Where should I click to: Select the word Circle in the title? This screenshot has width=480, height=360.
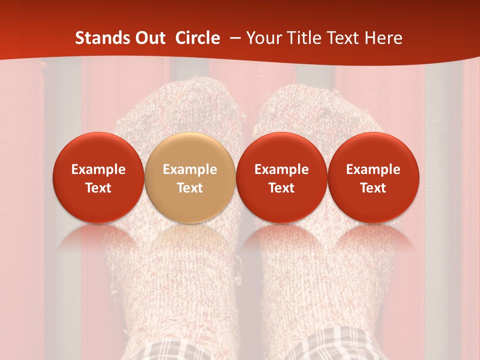click(197, 38)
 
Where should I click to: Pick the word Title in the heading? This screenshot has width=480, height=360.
click(303, 38)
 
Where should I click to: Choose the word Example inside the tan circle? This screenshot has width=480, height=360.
click(190, 169)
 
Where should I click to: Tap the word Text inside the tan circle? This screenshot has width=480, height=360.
click(190, 188)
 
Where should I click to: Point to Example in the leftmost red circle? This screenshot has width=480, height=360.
click(98, 169)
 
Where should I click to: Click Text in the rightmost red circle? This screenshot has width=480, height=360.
click(373, 188)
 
